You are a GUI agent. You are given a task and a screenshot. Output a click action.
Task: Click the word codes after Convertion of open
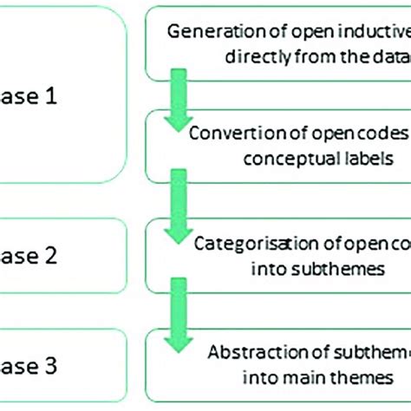(x=388, y=134)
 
